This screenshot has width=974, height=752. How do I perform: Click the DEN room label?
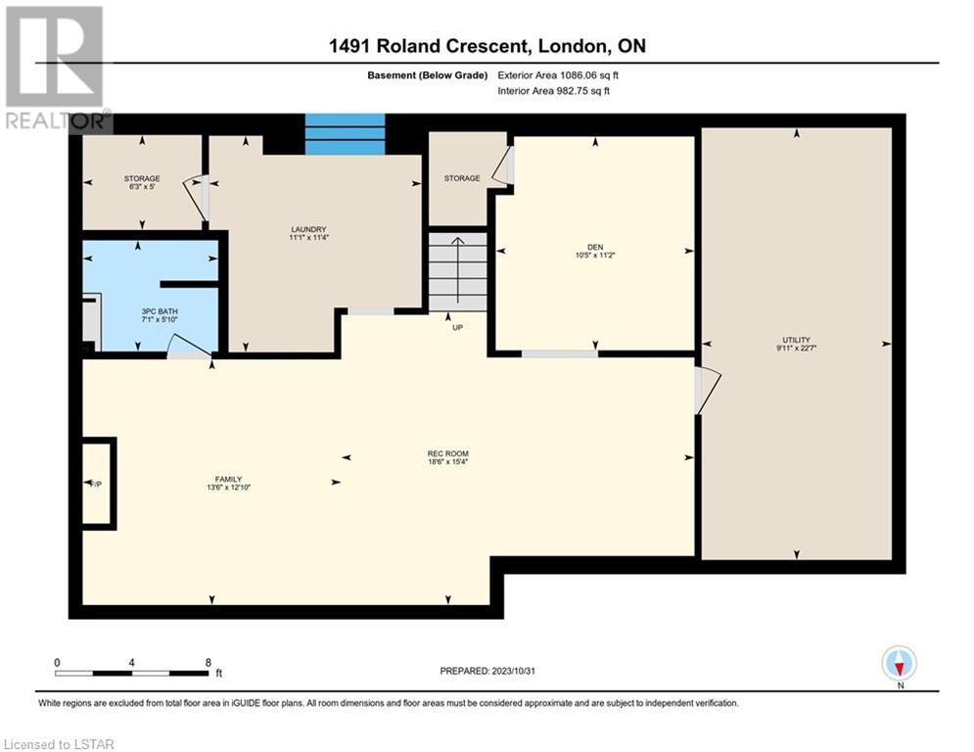[595, 248]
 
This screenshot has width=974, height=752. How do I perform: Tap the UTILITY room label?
[797, 340]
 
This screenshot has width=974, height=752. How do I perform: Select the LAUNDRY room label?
[308, 229]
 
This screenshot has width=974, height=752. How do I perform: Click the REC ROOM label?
[448, 453]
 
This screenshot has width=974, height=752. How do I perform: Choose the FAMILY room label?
[229, 479]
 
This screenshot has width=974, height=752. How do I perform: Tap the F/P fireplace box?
[98, 484]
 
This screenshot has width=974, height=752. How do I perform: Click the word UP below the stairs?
[458, 327]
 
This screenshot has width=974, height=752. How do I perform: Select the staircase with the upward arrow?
[458, 271]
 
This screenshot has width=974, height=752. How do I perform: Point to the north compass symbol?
[900, 664]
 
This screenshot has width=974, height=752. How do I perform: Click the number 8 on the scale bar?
[209, 663]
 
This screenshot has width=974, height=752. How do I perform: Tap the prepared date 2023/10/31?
[513, 671]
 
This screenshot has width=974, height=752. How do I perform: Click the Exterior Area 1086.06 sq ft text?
[558, 75]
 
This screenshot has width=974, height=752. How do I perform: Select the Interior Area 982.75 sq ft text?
[553, 91]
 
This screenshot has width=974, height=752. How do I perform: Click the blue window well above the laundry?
[345, 134]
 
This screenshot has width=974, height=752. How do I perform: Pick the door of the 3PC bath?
[188, 347]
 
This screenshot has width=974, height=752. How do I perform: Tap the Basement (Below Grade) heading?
[428, 75]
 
